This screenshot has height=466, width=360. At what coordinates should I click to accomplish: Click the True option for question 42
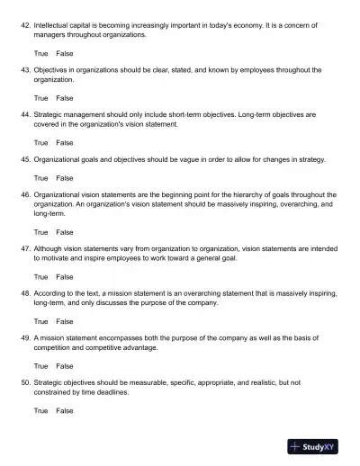41,54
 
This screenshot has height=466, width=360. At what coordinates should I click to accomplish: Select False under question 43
65,98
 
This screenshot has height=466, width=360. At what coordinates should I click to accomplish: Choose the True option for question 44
41,142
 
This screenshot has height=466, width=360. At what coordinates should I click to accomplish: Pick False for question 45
65,177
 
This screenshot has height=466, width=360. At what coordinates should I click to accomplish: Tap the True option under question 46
41,231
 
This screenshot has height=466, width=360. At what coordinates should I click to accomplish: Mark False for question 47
65,276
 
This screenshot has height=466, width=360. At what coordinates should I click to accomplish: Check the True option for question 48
41,320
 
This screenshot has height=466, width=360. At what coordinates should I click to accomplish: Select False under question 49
65,365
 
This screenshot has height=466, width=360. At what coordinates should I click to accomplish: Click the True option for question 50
41,410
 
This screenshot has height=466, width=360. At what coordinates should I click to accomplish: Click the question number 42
24,27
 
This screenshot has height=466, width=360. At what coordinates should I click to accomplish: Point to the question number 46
24,194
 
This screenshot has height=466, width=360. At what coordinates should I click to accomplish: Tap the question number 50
24,382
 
